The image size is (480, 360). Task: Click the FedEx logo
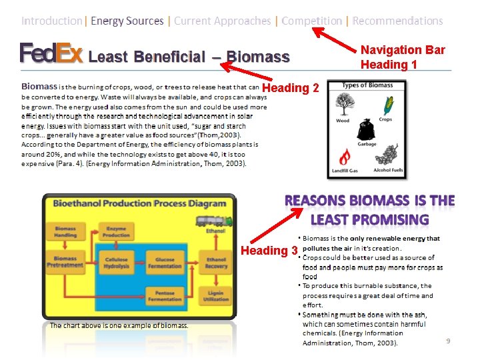(x=51, y=53)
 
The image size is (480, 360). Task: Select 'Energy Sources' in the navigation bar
(x=127, y=21)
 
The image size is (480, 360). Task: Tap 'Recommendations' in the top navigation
(x=397, y=21)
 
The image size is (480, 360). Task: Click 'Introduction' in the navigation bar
(x=52, y=21)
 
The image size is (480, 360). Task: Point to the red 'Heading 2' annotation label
(x=291, y=88)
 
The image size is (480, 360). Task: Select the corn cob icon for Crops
(x=386, y=105)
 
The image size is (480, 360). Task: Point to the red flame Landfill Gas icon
(x=345, y=157)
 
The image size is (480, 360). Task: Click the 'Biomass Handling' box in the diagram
(x=65, y=231)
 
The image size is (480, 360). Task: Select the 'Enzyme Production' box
(x=116, y=231)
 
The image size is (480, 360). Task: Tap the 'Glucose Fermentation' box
(x=165, y=263)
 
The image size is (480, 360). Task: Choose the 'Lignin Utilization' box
(x=216, y=296)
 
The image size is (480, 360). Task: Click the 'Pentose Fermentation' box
(x=165, y=296)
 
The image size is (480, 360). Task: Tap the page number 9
(x=448, y=341)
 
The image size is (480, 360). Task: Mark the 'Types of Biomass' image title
(x=367, y=85)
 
